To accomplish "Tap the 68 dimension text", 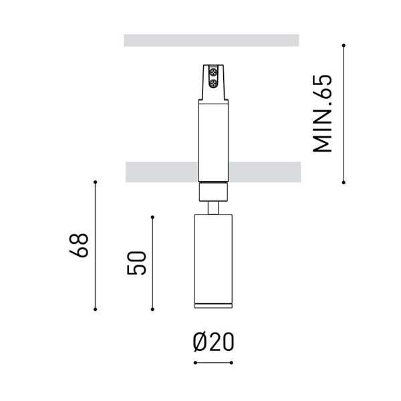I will click(80, 245).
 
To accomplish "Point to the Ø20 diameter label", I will click(213, 342).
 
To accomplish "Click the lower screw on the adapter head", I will click(214, 83).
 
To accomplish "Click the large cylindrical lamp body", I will click(213, 261).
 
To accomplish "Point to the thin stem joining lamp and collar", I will click(213, 209).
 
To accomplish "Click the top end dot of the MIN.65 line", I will click(344, 45).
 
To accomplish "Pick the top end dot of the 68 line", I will click(96, 182).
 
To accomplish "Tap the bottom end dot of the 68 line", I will click(96, 309).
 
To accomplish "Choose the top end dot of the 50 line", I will click(152, 216).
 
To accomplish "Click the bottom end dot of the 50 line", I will click(152, 309).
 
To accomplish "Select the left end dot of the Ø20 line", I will click(194, 363).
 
